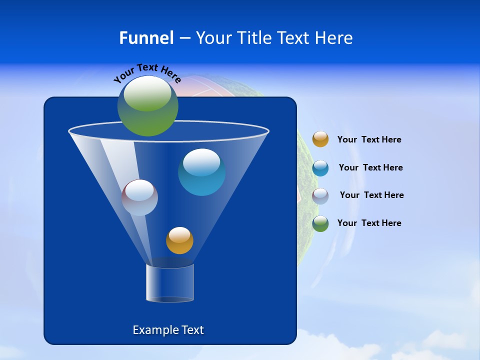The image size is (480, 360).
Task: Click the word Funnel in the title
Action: point(146,38)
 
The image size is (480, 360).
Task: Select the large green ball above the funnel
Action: point(148,106)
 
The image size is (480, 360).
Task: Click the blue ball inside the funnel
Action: point(201,172)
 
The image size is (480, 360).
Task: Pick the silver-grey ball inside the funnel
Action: point(140,197)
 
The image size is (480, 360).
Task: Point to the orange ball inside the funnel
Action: point(179,240)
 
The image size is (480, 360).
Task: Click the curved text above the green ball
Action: point(147,72)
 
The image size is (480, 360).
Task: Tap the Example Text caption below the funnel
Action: point(168,330)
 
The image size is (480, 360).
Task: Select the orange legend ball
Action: point(320,139)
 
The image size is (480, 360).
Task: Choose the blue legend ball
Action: point(320,168)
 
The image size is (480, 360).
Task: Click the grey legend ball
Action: point(320,196)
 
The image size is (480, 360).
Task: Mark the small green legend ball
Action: point(320,223)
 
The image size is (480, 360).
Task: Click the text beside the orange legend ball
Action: point(369,140)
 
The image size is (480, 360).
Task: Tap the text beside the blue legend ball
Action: point(370,168)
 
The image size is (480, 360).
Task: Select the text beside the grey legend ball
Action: point(371,195)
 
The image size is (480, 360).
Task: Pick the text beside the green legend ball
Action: point(369,223)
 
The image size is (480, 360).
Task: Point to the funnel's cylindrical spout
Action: point(170,283)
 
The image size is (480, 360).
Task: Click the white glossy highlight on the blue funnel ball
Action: point(201,161)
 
